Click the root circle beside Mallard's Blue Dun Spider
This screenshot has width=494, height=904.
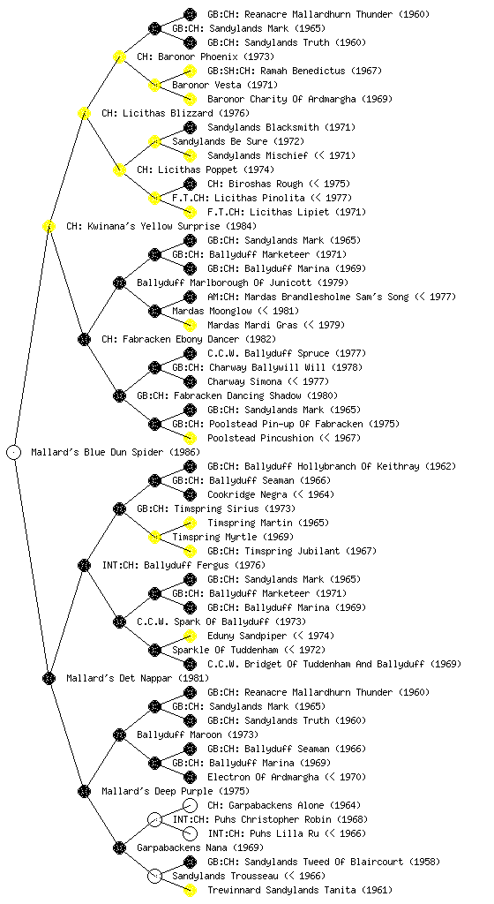point(14,452)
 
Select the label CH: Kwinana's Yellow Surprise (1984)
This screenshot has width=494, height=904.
point(161,226)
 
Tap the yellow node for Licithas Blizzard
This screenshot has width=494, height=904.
point(84,113)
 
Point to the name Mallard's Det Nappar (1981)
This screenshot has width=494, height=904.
point(137,678)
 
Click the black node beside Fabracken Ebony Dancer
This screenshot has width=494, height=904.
point(84,339)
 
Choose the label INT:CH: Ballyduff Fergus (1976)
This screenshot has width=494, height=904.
point(183,565)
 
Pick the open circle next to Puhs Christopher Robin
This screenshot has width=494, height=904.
point(154,819)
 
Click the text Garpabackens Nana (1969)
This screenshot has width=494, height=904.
point(199,847)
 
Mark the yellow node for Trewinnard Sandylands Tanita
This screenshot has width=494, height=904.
point(190,890)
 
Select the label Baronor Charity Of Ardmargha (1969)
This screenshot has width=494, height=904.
point(299,99)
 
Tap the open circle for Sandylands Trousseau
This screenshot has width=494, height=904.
point(154,876)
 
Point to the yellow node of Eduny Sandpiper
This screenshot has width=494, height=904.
point(190,636)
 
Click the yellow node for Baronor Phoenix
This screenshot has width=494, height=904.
point(119,56)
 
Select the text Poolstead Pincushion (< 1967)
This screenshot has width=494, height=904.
point(284,438)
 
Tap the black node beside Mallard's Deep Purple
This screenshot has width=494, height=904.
point(84,791)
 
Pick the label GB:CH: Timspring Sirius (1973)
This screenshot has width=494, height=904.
point(216,508)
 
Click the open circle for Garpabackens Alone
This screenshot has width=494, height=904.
point(190,805)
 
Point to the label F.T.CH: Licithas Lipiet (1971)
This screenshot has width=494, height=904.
point(286,212)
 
